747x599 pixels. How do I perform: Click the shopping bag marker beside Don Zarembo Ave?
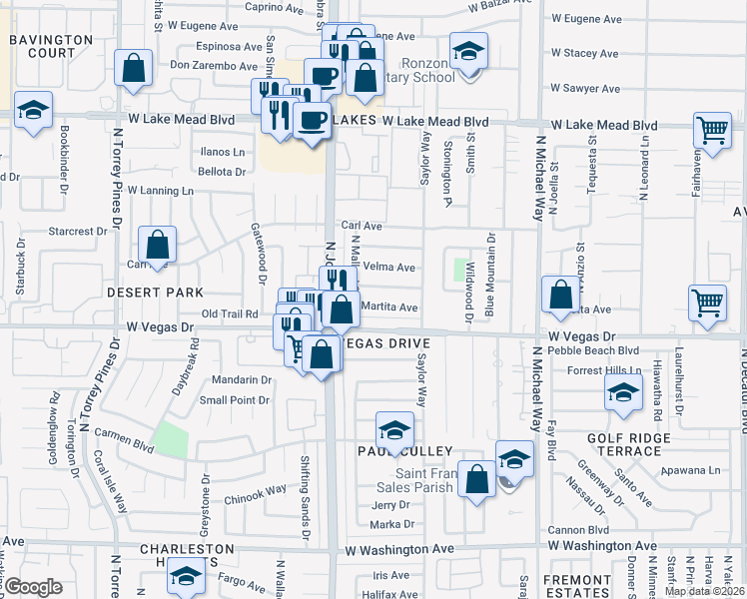tap(133, 69)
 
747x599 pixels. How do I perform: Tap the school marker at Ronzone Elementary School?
tap(466, 50)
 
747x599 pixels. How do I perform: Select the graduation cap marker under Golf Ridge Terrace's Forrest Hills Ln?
tap(622, 394)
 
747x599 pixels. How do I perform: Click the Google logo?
tap(33, 587)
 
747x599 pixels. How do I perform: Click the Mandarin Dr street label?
tap(241, 380)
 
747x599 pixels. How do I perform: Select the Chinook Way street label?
tap(255, 492)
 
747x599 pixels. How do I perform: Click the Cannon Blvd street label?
tap(578, 530)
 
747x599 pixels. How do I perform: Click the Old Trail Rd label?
tap(231, 314)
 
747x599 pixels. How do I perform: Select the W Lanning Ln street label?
tap(160, 190)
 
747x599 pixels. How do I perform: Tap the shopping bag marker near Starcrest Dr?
tap(158, 245)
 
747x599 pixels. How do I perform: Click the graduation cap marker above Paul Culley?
tap(394, 431)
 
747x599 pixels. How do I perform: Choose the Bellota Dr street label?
tap(221, 172)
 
